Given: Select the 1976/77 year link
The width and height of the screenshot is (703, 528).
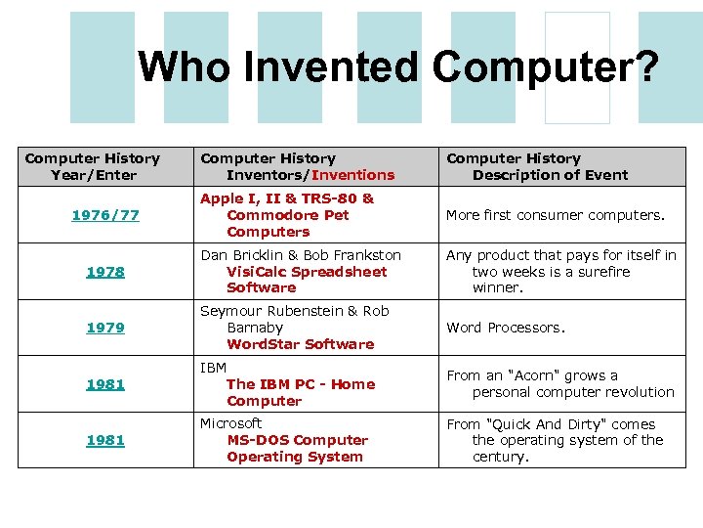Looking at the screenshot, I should click(105, 215).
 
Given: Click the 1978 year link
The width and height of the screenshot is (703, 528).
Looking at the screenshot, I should click(105, 272).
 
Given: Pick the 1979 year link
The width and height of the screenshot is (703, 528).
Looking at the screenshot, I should click(105, 328).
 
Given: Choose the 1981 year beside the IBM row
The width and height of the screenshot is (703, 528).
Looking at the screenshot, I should click(105, 384).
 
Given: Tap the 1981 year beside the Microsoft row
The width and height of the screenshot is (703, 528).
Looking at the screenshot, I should click(105, 440).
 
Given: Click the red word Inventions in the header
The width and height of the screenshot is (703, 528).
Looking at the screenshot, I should click(352, 175).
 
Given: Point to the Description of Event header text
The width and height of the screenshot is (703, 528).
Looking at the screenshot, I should click(550, 175).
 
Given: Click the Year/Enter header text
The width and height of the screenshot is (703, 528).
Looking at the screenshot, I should click(93, 175).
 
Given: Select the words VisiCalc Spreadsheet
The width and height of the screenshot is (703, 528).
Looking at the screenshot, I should click(307, 272).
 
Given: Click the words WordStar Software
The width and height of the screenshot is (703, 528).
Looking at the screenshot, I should click(300, 344).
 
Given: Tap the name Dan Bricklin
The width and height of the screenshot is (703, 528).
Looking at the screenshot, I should click(243, 255).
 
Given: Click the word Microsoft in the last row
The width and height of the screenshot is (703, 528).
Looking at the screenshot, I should click(231, 423).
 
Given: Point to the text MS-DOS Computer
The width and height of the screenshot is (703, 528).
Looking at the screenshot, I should click(297, 440).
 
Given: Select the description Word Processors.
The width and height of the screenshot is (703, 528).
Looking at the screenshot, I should click(505, 328).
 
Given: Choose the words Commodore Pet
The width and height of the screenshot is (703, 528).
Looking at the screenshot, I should click(287, 215).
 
